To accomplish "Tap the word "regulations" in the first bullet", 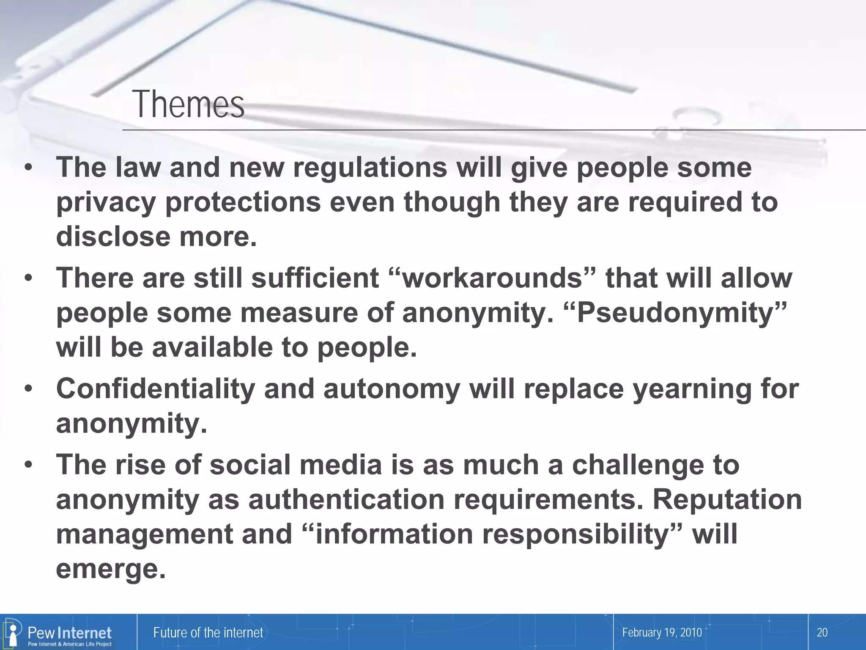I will coord(370,168).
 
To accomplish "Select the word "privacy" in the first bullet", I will coord(106,202).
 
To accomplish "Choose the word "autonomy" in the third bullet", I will coord(392,389).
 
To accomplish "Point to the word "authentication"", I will coord(346,500).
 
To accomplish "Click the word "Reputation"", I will coord(727,500).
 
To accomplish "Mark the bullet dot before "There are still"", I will coord(28,278).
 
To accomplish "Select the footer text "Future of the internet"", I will coord(208,633).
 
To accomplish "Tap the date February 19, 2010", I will coord(662,633).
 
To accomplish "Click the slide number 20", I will coord(822,633).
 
